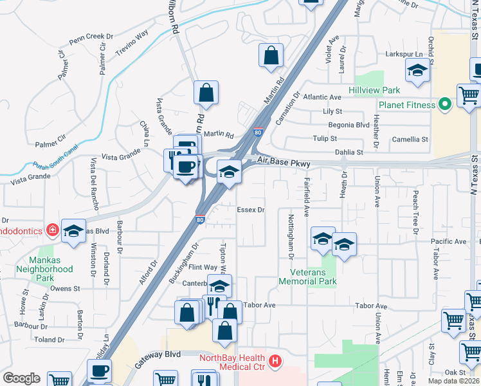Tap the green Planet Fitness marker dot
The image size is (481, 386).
click(x=444, y=105)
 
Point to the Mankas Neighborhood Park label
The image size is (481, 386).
click(x=45, y=269)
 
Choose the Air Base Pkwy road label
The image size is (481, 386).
click(x=284, y=164)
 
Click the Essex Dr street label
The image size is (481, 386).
click(x=251, y=210)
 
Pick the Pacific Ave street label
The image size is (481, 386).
click(x=449, y=241)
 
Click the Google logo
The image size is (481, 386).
click(x=22, y=378)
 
